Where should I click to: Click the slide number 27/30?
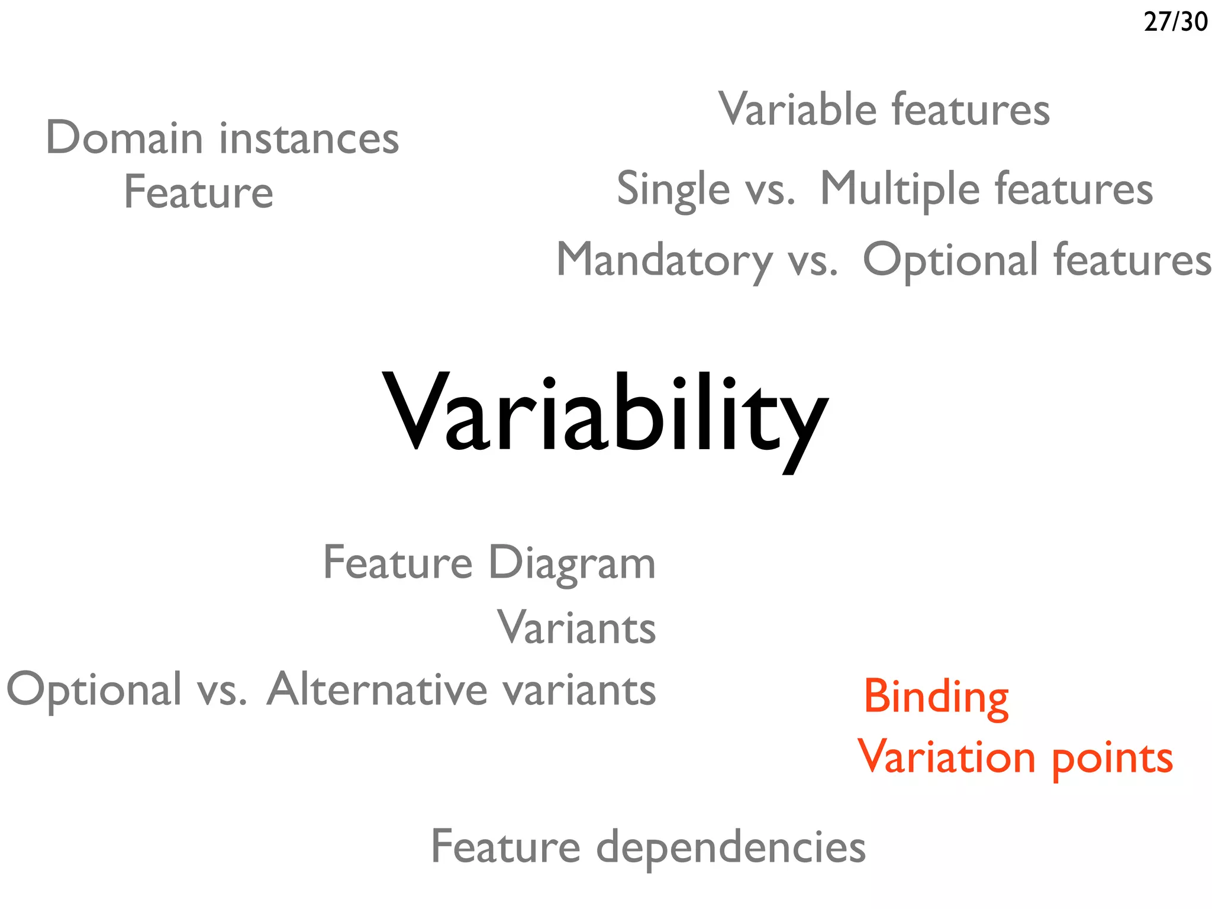tap(1175, 22)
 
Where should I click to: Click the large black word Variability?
tap(605, 414)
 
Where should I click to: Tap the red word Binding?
tap(936, 697)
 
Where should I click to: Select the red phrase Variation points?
tap(1015, 757)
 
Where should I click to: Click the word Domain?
tap(124, 138)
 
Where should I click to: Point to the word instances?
tap(309, 138)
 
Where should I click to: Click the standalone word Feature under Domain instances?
tap(198, 192)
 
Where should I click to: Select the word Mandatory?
tap(664, 260)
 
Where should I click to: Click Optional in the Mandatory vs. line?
tap(950, 260)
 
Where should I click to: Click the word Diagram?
tap(572, 563)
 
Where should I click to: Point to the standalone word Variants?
tap(576, 627)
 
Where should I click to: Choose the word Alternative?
tap(376, 689)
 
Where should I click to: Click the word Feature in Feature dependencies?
tap(505, 846)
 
